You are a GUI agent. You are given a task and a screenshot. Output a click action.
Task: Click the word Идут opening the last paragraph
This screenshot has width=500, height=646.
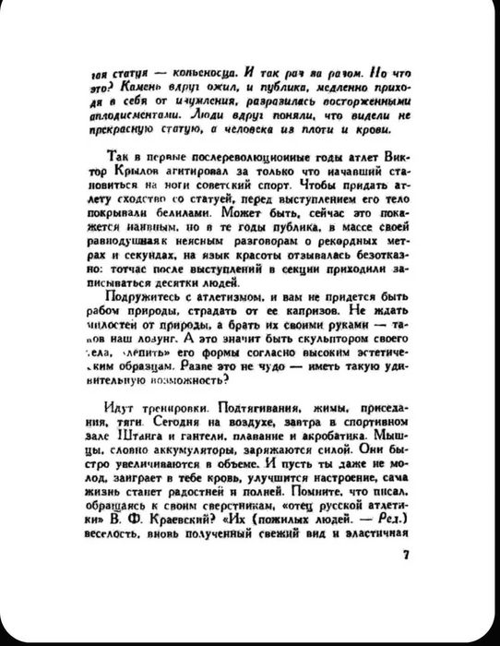[x=120, y=405]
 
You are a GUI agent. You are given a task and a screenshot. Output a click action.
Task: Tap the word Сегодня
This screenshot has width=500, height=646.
[x=171, y=419]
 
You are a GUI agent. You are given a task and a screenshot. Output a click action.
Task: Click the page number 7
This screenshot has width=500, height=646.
[x=404, y=556]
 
